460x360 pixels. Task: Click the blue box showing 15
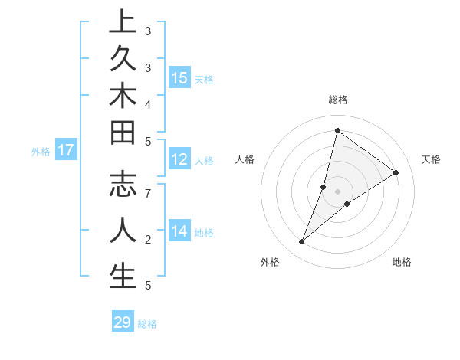tap(179, 78)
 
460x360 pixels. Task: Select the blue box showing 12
tap(179, 159)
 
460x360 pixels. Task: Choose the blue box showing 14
tap(179, 231)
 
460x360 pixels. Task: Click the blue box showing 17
tap(66, 150)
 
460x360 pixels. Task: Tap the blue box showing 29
tap(123, 322)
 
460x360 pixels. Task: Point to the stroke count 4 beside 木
tap(148, 103)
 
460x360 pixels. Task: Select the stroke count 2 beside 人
tap(148, 240)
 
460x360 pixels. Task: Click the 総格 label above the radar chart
tap(337, 100)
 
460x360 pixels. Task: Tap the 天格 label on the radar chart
tap(431, 159)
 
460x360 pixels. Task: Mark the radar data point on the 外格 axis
tap(302, 242)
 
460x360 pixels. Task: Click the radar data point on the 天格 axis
tap(396, 172)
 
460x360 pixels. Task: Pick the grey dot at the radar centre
tap(337, 191)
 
